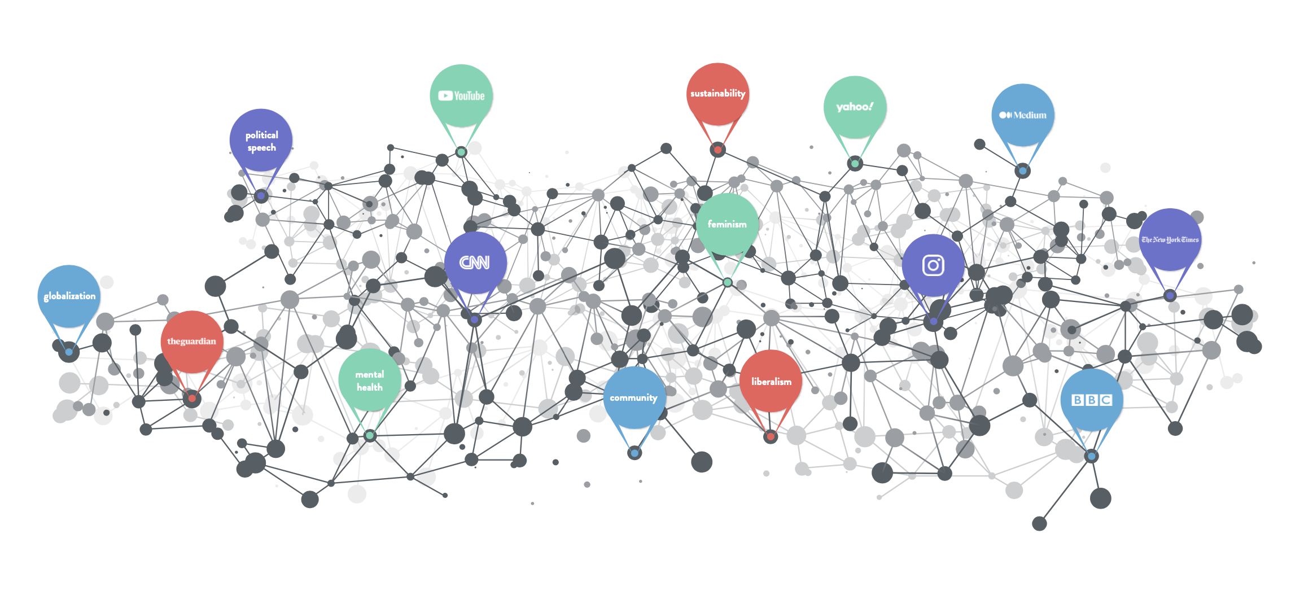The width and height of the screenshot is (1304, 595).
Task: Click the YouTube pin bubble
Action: (x=461, y=95)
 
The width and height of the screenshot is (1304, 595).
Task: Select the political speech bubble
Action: (x=261, y=141)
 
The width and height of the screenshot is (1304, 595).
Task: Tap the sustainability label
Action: (x=717, y=94)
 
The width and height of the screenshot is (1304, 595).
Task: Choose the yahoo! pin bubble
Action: (x=855, y=107)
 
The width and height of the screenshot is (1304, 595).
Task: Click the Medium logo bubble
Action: (x=1022, y=115)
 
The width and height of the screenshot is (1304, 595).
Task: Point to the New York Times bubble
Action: (x=1170, y=239)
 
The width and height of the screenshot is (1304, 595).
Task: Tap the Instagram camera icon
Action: (x=933, y=265)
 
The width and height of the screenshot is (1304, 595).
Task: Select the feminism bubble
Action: (x=727, y=224)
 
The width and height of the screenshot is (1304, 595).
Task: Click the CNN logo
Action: (x=474, y=262)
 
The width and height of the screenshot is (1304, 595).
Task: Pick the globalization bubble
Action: (x=69, y=296)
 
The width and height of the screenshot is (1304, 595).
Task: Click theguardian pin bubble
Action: (x=191, y=342)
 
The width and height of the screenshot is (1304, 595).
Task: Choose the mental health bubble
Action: (x=370, y=380)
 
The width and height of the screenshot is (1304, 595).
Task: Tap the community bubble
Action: (x=634, y=398)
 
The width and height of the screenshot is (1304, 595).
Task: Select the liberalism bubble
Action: (x=771, y=382)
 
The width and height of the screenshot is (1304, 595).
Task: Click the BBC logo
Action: (x=1091, y=400)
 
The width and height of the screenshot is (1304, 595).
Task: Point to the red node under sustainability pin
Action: (x=717, y=150)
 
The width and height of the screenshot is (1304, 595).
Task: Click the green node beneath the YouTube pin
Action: (x=461, y=152)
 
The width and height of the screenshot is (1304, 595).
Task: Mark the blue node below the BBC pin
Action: (x=1091, y=456)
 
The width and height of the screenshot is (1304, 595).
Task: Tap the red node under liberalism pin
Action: (x=771, y=436)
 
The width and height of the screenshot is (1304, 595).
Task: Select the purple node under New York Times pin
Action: (x=1170, y=295)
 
